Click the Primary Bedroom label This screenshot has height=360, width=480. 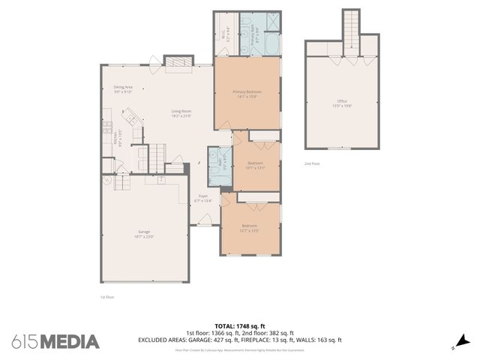coord(247,93)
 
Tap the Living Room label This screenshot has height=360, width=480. coord(181,113)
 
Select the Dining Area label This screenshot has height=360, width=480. coord(123,89)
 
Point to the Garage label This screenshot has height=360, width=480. coord(144,234)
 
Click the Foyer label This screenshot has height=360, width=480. coord(203,199)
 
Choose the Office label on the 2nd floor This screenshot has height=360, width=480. coord(342,103)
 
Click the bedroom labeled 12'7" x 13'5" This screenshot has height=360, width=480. coord(250,228)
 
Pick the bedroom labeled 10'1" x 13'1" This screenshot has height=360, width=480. coord(255,165)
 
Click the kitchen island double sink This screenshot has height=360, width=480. coord(131,116)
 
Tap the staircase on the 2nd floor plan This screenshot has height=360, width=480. coord(351,30)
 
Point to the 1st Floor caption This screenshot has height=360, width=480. coord(106,297)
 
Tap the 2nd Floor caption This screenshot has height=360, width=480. coord(311,163)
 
